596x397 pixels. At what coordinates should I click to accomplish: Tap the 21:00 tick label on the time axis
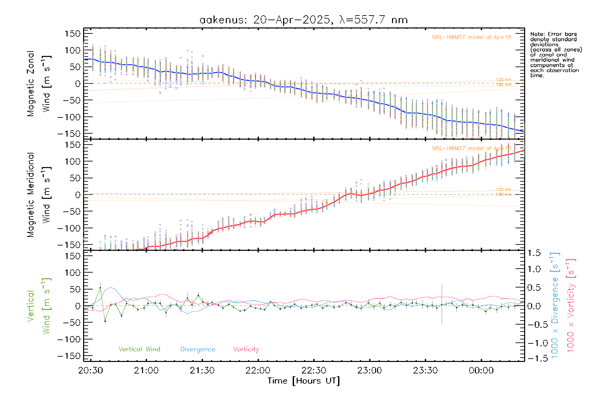[146, 371]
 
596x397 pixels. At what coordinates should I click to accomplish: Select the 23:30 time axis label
[425, 371]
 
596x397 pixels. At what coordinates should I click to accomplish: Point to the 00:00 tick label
[481, 371]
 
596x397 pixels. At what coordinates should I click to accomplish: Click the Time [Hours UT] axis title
[304, 381]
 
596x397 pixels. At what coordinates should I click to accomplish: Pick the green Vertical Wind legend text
[139, 349]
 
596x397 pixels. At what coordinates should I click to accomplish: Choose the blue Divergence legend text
[198, 349]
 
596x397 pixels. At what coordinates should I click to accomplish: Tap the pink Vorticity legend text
[246, 349]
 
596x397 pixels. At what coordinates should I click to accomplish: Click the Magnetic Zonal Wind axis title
[39, 84]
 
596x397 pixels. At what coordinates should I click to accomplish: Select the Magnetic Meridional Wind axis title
[39, 195]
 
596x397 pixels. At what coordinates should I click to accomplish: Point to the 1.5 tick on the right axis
[534, 253]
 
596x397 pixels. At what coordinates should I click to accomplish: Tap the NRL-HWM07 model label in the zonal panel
[472, 37]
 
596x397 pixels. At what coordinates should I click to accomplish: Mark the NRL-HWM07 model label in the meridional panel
[472, 149]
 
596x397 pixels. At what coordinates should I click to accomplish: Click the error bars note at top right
[556, 55]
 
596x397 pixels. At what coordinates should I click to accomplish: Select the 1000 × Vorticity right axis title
[571, 305]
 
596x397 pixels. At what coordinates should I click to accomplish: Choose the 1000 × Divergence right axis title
[555, 305]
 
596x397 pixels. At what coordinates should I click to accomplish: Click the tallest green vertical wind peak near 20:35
[100, 288]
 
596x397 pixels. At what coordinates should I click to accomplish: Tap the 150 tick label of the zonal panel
[73, 34]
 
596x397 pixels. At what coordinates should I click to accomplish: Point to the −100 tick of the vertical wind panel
[69, 339]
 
